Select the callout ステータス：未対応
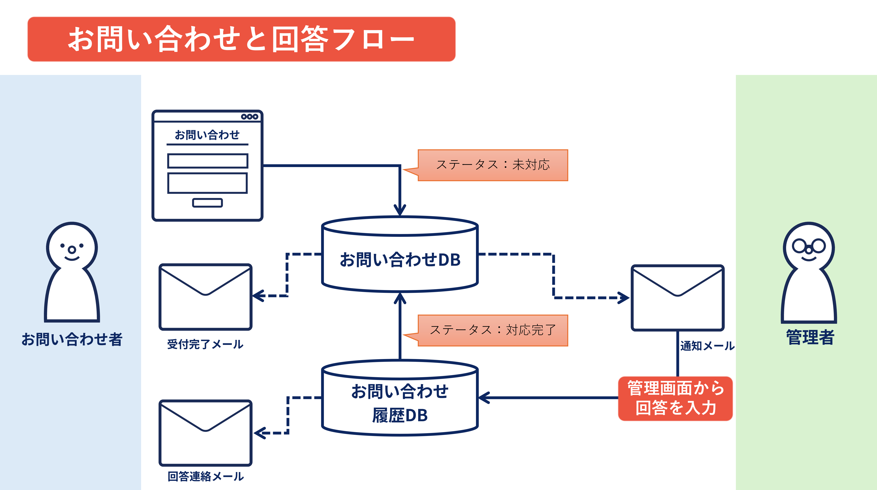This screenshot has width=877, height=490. click(x=493, y=165)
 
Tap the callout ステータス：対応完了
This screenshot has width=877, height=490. click(x=493, y=330)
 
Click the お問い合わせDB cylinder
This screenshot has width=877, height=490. click(x=400, y=254)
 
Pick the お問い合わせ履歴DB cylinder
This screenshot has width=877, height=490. click(x=400, y=398)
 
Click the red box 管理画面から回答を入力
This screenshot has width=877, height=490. click(x=675, y=398)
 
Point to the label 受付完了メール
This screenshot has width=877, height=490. click(x=205, y=344)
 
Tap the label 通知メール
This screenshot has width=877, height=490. click(x=707, y=346)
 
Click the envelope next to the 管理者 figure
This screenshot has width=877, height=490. click(x=677, y=298)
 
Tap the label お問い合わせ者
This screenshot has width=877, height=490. click(x=72, y=339)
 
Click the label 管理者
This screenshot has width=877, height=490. click(x=810, y=337)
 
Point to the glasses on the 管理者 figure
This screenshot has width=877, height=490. click(x=809, y=246)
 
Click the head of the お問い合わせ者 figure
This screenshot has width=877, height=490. click(x=72, y=247)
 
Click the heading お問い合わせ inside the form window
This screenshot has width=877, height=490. click(x=207, y=135)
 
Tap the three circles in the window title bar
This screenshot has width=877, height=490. click(x=250, y=116)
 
